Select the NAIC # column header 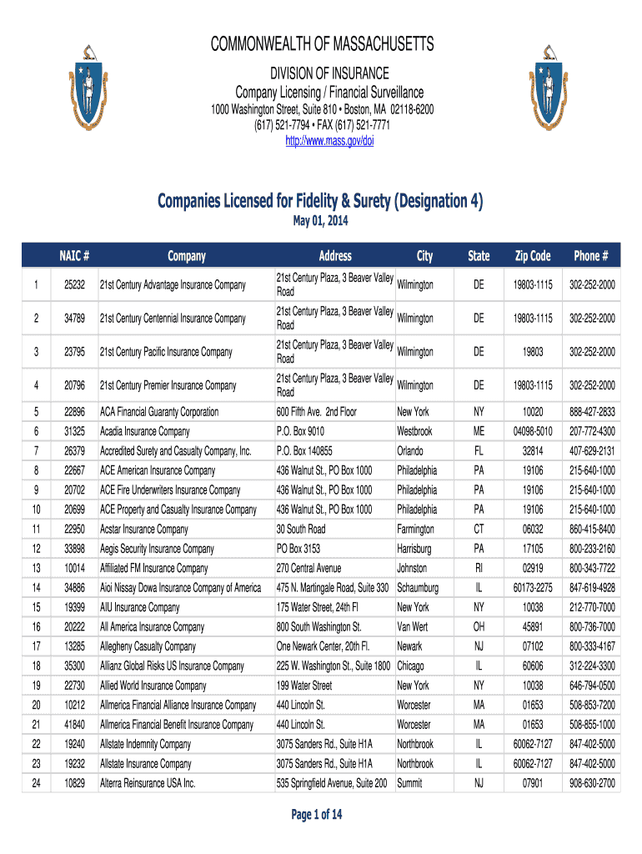[x=74, y=256]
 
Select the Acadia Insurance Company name [x=145, y=431]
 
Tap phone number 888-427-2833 [x=592, y=412]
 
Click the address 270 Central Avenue [x=308, y=569]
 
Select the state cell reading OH [x=479, y=627]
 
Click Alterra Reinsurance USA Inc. [x=148, y=784]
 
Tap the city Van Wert [x=414, y=627]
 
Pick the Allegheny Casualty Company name [x=148, y=646]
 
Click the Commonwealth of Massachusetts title [x=320, y=44]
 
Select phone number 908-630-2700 [x=592, y=784]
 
